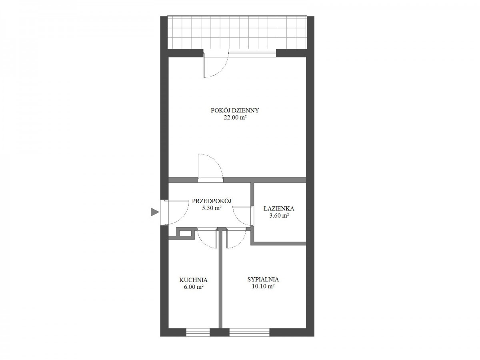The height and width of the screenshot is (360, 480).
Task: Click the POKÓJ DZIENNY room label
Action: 235,110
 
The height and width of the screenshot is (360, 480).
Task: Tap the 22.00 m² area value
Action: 235,118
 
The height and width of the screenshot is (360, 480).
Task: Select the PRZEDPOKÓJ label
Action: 212,201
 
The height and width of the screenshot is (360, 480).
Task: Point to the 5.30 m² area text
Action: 212,208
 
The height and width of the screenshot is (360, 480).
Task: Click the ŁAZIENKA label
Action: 278,208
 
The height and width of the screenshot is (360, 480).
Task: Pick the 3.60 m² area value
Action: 279,216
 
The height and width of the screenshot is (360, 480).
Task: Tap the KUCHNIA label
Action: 193,280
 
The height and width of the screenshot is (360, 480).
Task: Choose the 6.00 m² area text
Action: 194,287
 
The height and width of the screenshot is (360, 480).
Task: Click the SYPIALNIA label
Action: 263,279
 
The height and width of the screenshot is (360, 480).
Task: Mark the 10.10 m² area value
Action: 263,286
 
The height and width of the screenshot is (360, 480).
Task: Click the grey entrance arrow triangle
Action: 154,212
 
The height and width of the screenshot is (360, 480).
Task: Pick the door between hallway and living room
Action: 210,180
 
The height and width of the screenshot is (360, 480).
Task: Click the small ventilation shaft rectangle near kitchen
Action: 186,233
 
